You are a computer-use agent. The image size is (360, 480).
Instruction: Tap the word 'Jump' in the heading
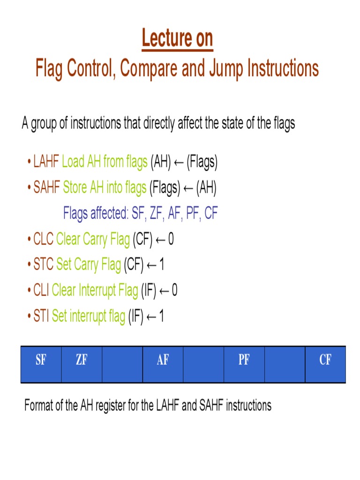[x=228, y=69]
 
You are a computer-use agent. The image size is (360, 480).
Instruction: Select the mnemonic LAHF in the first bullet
[x=46, y=162]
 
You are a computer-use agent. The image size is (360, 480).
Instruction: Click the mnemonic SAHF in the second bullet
[x=47, y=188]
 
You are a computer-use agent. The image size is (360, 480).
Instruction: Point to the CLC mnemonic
[x=44, y=240]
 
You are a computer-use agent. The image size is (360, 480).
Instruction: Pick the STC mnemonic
[x=44, y=265]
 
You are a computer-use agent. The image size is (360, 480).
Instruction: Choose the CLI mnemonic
[x=41, y=291]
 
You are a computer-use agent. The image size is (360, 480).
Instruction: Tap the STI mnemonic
[x=41, y=316]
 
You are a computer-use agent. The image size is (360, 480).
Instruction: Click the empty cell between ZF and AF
[x=122, y=365]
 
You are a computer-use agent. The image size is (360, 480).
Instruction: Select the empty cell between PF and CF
[x=285, y=365]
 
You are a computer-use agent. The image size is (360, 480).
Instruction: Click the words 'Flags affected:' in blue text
[x=96, y=214]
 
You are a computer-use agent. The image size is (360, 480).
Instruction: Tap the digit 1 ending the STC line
[x=162, y=265]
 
